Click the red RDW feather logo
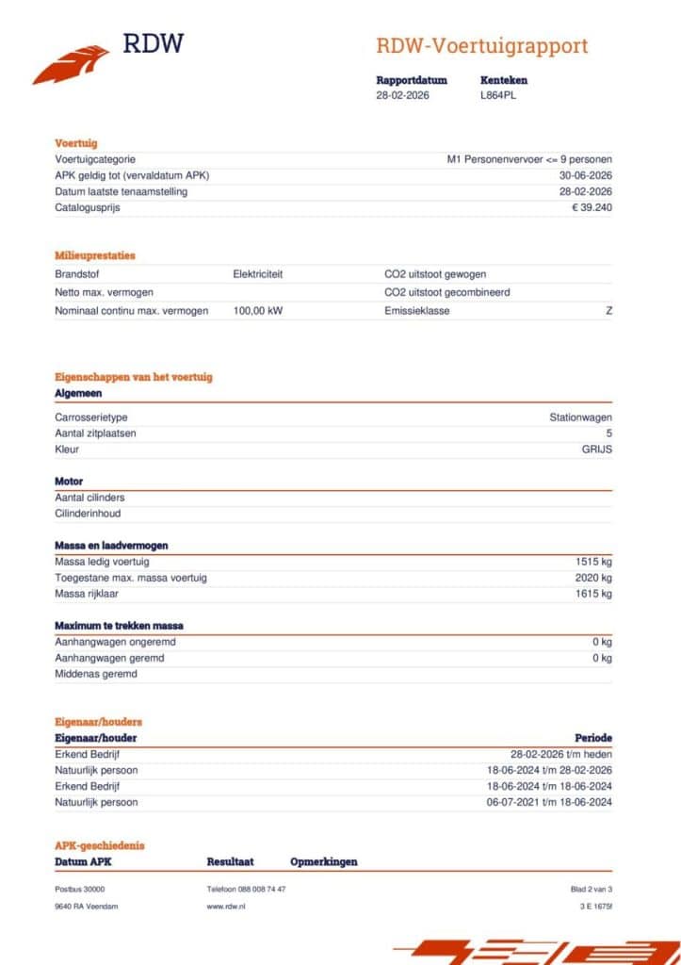(69, 65)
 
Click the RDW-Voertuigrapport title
(481, 45)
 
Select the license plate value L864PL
(498, 95)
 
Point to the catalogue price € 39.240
(592, 207)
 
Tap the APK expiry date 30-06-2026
(585, 175)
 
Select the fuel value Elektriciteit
(258, 274)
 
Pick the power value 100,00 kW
(258, 310)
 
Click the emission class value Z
(608, 310)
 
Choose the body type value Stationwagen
(580, 417)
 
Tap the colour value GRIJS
(596, 449)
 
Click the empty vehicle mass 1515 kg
(593, 562)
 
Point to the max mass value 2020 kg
(593, 578)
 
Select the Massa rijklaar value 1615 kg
(593, 594)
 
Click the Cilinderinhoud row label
(88, 514)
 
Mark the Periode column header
(593, 738)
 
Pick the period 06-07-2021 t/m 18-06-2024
(549, 802)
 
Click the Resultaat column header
(230, 861)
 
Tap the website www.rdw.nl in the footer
(226, 906)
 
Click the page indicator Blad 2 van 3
(592, 889)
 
